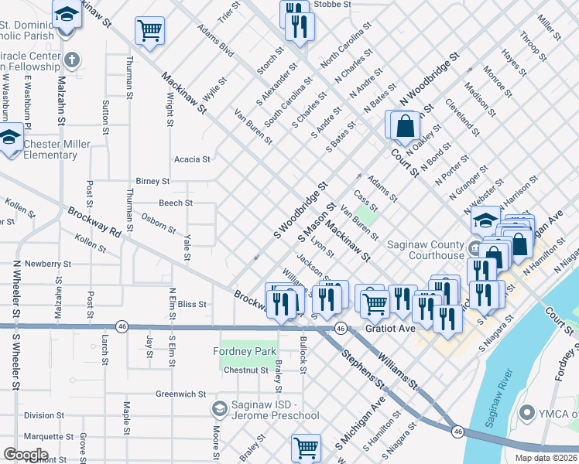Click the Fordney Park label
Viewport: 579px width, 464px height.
(245, 352)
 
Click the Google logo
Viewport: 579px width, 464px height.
(26, 455)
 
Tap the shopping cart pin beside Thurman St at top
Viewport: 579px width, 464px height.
(149, 31)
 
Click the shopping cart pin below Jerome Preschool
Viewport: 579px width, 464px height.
(307, 447)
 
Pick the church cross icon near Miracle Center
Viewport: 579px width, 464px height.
(71, 60)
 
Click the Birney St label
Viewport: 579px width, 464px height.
(152, 181)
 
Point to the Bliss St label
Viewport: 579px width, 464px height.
(193, 305)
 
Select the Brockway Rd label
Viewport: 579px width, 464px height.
(95, 223)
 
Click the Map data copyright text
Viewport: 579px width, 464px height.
(545, 458)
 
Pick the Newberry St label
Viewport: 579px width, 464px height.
(48, 264)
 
